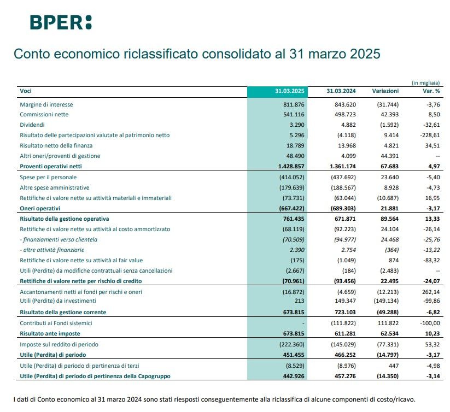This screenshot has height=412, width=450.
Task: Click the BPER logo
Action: tap(60, 22)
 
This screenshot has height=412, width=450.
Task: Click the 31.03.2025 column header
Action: tap(290, 91)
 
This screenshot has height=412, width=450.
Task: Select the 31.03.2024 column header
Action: tap(341, 91)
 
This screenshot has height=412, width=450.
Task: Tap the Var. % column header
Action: tap(429, 91)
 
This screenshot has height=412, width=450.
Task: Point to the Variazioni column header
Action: tap(385, 91)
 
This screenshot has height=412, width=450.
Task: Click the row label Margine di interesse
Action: tap(46, 104)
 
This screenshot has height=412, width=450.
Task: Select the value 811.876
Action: tap(294, 104)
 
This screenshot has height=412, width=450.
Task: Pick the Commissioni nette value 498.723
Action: tap(344, 115)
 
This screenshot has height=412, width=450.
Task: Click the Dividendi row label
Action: tap(32, 125)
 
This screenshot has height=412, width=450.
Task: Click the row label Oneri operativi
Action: tap(40, 208)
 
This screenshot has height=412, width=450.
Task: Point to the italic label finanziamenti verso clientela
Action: tap(60, 239)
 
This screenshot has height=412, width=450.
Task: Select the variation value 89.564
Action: tap(387, 219)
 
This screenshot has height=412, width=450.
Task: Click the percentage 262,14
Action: tap(429, 292)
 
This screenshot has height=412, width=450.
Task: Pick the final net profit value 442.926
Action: tap(294, 376)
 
